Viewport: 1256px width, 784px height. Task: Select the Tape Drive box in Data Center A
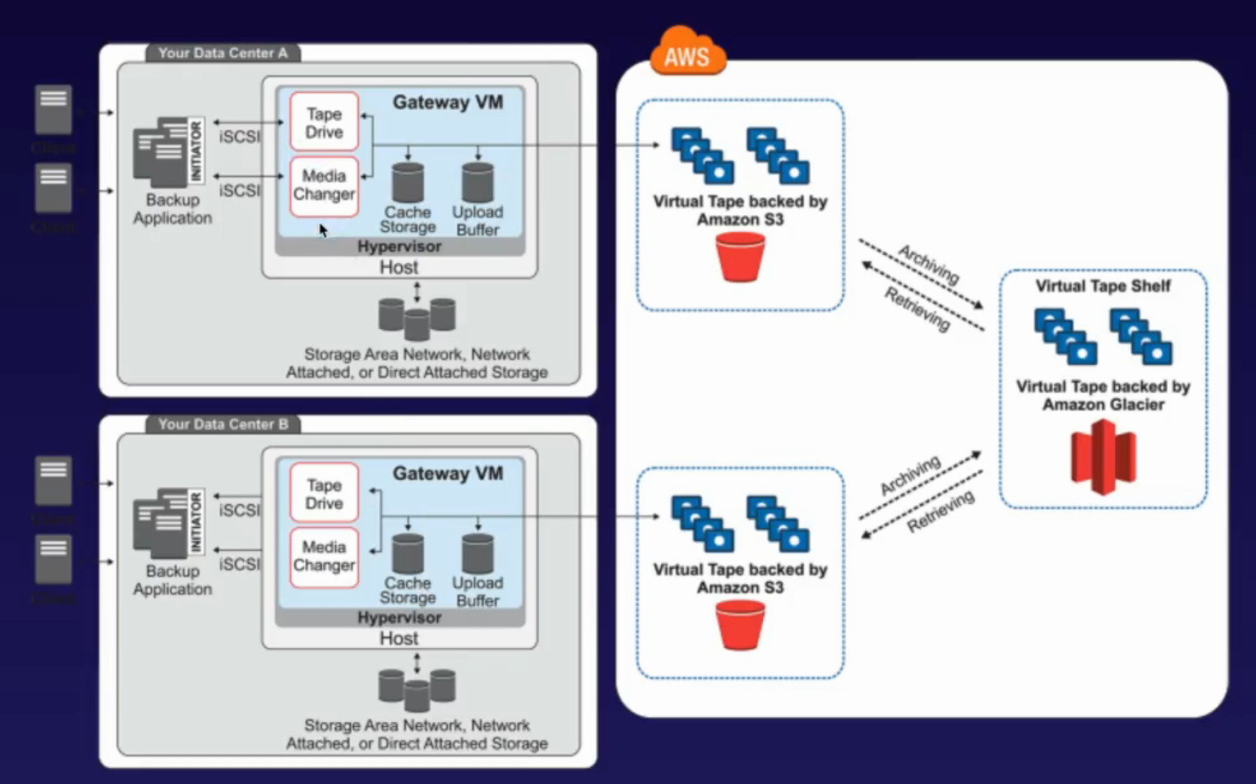324,122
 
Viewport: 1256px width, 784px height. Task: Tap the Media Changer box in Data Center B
324,557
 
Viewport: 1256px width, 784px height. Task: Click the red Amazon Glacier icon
1103,457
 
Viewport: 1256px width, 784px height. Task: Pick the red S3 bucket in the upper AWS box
740,257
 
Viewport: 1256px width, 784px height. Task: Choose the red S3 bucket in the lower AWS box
740,625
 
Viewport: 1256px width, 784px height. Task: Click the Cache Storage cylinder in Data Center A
408,182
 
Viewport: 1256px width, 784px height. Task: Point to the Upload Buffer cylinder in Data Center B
478,554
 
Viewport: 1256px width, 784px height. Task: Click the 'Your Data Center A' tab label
223,53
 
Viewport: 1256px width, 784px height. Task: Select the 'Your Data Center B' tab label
223,423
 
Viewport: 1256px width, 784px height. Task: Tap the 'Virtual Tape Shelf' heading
1102,286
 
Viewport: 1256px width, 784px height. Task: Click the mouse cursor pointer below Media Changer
323,230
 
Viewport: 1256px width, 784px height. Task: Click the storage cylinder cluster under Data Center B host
416,690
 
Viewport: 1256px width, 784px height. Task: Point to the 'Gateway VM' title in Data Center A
447,102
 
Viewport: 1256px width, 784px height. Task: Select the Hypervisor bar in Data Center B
399,617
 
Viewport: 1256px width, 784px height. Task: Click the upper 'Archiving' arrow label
929,264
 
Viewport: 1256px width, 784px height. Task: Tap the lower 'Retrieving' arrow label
940,512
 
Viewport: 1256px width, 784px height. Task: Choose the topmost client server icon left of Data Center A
53,109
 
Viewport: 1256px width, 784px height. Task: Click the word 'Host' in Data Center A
399,267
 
